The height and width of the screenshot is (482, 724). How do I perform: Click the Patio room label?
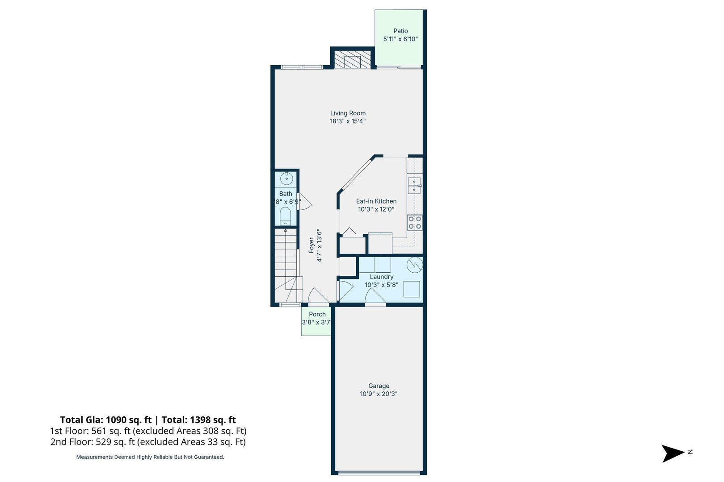click(x=400, y=31)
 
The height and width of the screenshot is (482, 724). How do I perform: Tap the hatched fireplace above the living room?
click(x=353, y=59)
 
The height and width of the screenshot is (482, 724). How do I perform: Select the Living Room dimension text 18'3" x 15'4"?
click(x=348, y=121)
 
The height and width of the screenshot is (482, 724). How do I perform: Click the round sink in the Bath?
click(x=286, y=179)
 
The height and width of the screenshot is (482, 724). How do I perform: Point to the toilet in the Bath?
click(x=285, y=217)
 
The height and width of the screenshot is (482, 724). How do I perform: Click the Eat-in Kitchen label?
click(x=376, y=201)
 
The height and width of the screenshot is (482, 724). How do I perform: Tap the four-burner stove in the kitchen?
click(x=415, y=222)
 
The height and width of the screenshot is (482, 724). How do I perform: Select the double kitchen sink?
click(x=414, y=185)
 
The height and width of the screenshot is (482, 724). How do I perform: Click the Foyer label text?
click(x=311, y=245)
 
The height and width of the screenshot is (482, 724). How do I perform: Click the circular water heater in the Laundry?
click(x=414, y=265)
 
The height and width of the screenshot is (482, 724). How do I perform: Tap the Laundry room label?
click(x=381, y=277)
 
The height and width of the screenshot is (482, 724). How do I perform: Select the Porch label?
click(x=317, y=314)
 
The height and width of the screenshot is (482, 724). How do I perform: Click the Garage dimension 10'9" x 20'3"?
click(x=379, y=394)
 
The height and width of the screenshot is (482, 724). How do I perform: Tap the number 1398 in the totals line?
click(x=200, y=420)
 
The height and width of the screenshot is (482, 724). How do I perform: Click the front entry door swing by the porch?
click(x=318, y=296)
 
